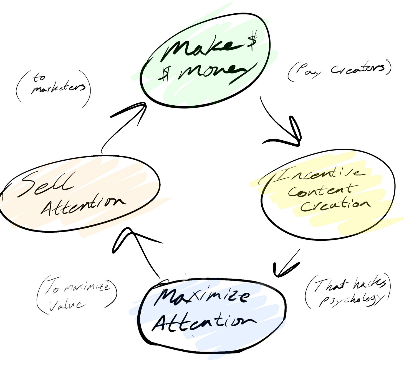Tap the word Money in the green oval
click(212, 73)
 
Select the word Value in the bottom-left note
click(67, 305)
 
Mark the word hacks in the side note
click(369, 284)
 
